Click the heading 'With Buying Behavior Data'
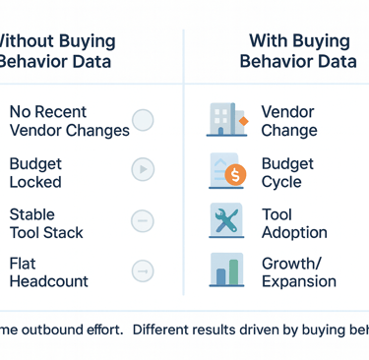point(298,51)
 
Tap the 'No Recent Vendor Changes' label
point(69,121)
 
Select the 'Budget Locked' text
point(35,172)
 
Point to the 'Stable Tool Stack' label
point(46,223)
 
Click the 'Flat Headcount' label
point(49,272)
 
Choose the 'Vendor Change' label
point(288,121)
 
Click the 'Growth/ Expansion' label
point(298,272)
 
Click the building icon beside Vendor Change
point(225,120)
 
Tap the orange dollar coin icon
point(236,176)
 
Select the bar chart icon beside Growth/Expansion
point(227,270)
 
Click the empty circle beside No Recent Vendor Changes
point(143,121)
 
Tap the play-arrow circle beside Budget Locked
point(143,170)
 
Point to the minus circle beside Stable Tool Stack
point(143,220)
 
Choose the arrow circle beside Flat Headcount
point(143,270)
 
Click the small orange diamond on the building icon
point(243,121)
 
